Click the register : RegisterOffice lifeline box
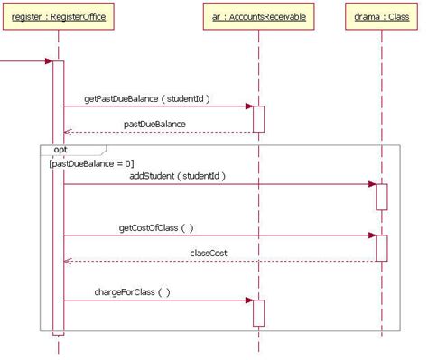pyautogui.click(x=58, y=16)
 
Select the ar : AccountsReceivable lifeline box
pyautogui.click(x=258, y=16)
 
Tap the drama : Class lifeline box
pyautogui.click(x=380, y=16)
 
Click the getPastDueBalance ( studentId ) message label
pyautogui.click(x=147, y=97)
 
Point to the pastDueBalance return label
pyautogui.click(x=154, y=124)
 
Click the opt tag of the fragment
pyautogui.click(x=60, y=149)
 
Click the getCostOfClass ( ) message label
pyautogui.click(x=156, y=227)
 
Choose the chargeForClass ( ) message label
pyautogui.click(x=132, y=292)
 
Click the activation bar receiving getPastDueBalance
pyautogui.click(x=258, y=118)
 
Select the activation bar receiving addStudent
pyautogui.click(x=381, y=196)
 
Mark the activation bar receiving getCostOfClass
pyautogui.click(x=381, y=248)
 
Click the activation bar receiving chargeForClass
pyautogui.click(x=258, y=312)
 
